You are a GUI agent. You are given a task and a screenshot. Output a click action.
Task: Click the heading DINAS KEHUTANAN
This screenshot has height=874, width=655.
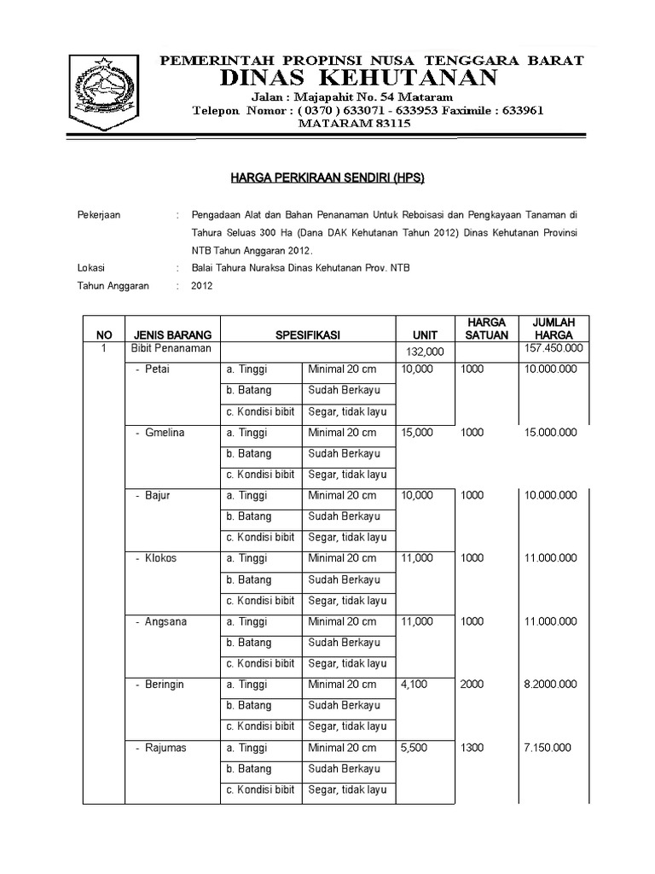pyautogui.click(x=358, y=79)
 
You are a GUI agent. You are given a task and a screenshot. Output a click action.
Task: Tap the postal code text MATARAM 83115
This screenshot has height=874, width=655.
pyautogui.click(x=354, y=124)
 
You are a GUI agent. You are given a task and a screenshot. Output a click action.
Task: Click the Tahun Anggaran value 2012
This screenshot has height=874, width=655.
pyautogui.click(x=202, y=287)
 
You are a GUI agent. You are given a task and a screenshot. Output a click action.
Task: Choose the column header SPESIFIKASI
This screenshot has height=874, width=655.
pyautogui.click(x=308, y=335)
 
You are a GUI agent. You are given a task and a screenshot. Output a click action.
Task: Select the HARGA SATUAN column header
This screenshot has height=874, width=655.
pyautogui.click(x=485, y=329)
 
